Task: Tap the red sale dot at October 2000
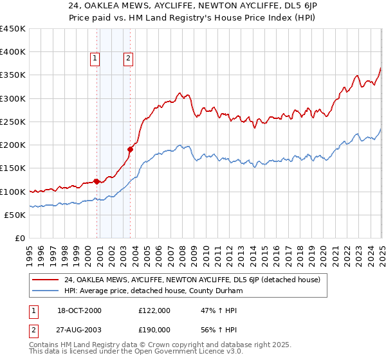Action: [96, 181]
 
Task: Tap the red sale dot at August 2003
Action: [130, 150]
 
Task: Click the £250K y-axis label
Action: [13, 122]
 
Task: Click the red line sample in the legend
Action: [45, 279]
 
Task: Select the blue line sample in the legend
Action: [45, 290]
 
